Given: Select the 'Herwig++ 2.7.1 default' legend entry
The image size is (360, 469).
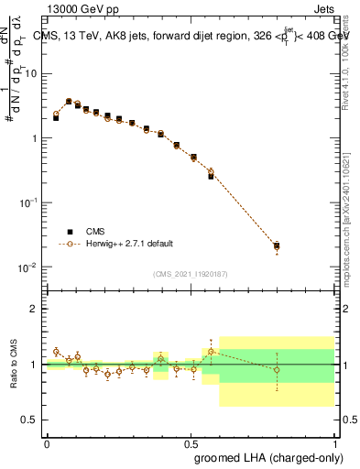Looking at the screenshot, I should coord(128,244).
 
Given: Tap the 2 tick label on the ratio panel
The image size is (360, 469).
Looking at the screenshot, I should coord(34,309).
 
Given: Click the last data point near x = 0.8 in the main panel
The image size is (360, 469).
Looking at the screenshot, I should coord(277,245).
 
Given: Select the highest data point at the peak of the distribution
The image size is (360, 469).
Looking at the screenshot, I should coord(69,102).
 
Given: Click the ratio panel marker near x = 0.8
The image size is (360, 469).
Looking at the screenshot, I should coord(277,370).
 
